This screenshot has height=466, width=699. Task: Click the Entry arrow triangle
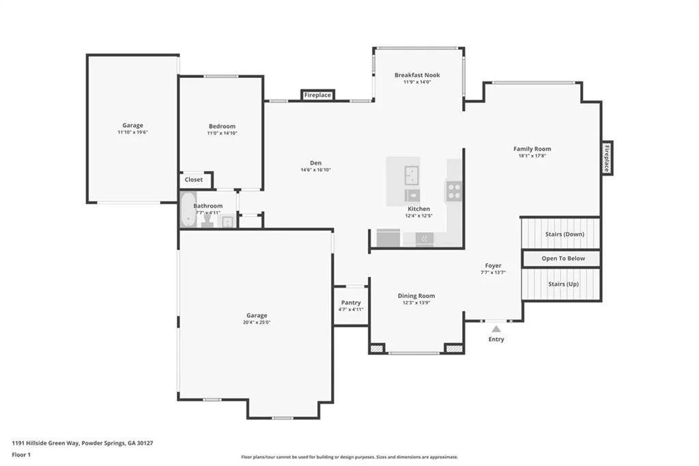[496, 329]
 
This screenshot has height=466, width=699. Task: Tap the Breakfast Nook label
[417, 75]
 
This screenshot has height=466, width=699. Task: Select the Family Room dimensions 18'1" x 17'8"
[532, 156]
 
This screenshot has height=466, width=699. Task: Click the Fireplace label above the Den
[317, 95]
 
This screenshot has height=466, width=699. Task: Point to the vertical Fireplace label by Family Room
[607, 159]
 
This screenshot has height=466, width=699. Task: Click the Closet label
[193, 180]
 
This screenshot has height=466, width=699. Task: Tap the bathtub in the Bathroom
[188, 209]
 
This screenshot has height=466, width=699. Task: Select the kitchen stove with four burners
[454, 191]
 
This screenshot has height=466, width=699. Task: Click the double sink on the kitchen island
[412, 176]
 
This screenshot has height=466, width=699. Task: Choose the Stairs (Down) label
[565, 234]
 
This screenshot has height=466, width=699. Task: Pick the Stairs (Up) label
[563, 284]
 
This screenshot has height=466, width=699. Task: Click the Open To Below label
[563, 258]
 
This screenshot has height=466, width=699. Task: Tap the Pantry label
[351, 303]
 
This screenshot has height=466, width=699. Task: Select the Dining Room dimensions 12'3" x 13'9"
[416, 303]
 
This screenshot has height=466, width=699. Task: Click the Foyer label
[493, 266]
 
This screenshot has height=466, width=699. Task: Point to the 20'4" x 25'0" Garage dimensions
[257, 323]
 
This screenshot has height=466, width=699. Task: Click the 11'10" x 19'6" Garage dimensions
[133, 132]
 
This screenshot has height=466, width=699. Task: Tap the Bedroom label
[222, 126]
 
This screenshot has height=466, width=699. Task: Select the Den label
[315, 163]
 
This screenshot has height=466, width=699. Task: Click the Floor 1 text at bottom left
[21, 455]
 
